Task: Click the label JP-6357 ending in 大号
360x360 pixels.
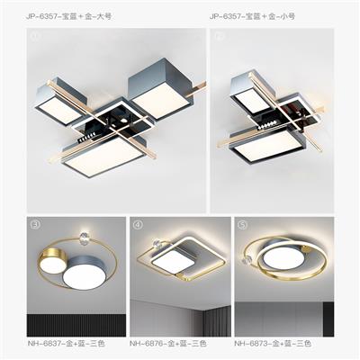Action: coord(68,16)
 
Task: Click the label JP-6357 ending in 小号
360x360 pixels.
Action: coord(252,16)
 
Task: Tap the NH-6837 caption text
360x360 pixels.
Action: coord(66,343)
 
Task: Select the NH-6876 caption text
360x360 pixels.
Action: coord(168,343)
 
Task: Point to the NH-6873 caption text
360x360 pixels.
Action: coord(273,343)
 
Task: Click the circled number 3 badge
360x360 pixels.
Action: coord(35,225)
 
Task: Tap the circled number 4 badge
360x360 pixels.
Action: coord(138,225)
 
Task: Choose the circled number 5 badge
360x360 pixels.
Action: coord(242,225)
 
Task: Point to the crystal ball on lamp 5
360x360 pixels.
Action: coord(247,260)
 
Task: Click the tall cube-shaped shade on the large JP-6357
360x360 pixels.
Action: coord(161,89)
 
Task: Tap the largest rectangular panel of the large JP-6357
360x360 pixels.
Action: coord(103,157)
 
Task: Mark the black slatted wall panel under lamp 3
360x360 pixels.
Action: coord(76,325)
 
